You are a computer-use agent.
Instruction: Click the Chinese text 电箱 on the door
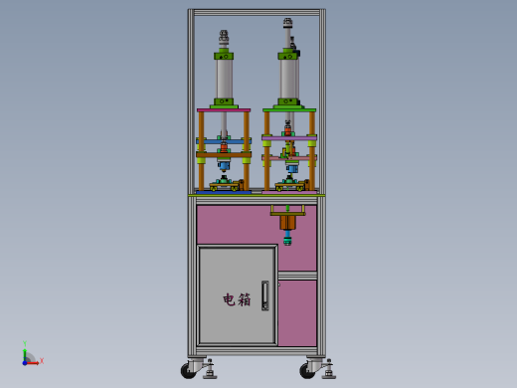(237, 299)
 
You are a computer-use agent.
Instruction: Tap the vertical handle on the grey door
(265, 295)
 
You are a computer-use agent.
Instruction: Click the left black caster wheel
(188, 370)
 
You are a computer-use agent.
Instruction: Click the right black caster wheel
(307, 370)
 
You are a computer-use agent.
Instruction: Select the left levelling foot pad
(210, 375)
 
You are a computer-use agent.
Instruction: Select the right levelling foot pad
(329, 375)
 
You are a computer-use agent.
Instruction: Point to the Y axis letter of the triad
(25, 343)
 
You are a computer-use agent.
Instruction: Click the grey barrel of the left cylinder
(225, 79)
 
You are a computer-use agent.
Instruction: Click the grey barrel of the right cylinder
(288, 79)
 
